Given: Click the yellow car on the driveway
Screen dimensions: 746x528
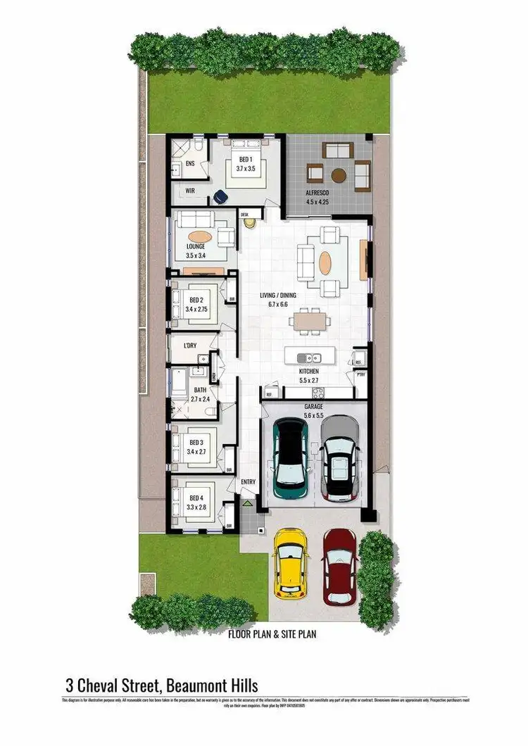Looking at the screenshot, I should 291,562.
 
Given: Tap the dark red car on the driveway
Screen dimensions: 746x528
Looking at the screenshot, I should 340,567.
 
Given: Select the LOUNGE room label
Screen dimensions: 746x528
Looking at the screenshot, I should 196,246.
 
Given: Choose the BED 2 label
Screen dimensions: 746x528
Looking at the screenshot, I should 196,300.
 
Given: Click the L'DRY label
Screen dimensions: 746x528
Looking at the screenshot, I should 189,346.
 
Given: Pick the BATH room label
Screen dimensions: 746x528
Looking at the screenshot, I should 201,389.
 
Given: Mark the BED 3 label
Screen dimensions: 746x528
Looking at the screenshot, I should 196,442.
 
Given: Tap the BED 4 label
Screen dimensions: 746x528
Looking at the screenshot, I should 196,498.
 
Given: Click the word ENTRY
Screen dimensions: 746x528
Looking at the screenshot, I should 248,482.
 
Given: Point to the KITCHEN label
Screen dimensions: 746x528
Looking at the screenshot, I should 309,371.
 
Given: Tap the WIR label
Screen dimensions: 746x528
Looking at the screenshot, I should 190,191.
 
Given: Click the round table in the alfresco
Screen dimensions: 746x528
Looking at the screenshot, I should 339,175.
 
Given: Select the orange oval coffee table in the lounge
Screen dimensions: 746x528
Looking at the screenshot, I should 201,236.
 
